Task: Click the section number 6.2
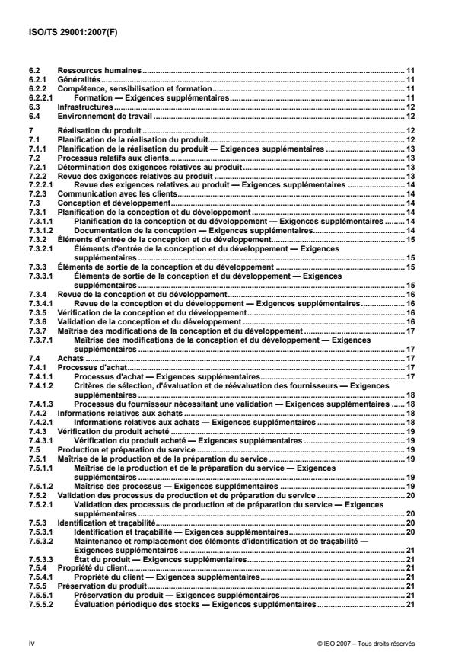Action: [33, 70]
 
